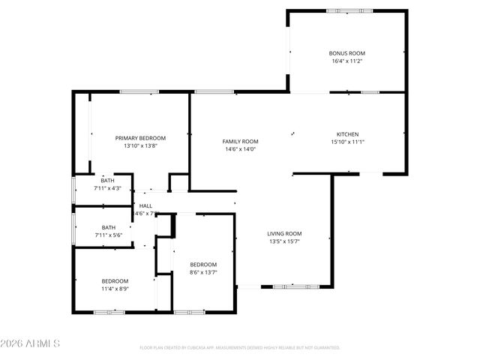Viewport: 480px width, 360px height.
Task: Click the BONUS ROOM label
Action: point(346,53)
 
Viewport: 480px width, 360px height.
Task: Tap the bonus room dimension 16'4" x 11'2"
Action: point(346,61)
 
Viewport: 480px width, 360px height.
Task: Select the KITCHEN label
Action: point(346,134)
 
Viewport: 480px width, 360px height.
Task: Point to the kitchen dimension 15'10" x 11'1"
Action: point(346,142)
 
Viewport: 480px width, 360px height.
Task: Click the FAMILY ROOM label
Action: point(240,141)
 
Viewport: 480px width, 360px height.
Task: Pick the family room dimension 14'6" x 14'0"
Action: point(240,149)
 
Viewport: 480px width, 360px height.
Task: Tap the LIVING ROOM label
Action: point(284,233)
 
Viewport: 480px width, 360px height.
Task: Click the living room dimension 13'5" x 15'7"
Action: point(284,241)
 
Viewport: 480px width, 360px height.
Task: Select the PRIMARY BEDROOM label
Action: point(140,138)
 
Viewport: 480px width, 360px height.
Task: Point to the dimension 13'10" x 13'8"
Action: point(140,146)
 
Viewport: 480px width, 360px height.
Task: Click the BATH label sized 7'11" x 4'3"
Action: point(108,180)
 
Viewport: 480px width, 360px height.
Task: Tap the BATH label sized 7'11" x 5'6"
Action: point(109,227)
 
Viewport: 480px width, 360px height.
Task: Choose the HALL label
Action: point(145,205)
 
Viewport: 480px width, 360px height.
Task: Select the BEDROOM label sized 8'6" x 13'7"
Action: point(202,264)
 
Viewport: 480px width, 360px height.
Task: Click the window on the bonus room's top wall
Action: point(349,10)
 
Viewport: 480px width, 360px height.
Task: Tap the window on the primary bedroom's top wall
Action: point(139,92)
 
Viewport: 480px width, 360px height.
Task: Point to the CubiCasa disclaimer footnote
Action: point(240,348)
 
